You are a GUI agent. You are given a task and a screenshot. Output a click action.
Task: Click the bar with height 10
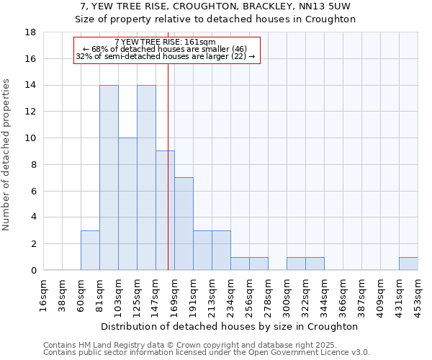click(x=127, y=204)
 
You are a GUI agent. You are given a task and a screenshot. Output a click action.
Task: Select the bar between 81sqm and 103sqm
click(x=109, y=177)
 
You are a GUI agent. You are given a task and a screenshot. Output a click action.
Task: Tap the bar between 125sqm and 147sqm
click(x=146, y=177)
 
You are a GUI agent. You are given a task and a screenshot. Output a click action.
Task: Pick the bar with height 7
click(x=184, y=223)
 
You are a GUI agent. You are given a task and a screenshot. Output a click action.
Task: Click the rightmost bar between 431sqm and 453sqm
click(x=408, y=264)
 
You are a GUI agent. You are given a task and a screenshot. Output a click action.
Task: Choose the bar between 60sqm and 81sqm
click(x=90, y=250)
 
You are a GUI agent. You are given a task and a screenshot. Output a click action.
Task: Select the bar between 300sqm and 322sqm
click(x=296, y=264)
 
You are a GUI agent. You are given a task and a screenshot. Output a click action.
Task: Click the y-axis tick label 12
click(x=30, y=112)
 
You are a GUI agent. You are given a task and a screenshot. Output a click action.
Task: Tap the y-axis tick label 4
click(x=33, y=217)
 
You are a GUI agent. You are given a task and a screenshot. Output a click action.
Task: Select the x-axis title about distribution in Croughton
click(x=230, y=326)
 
